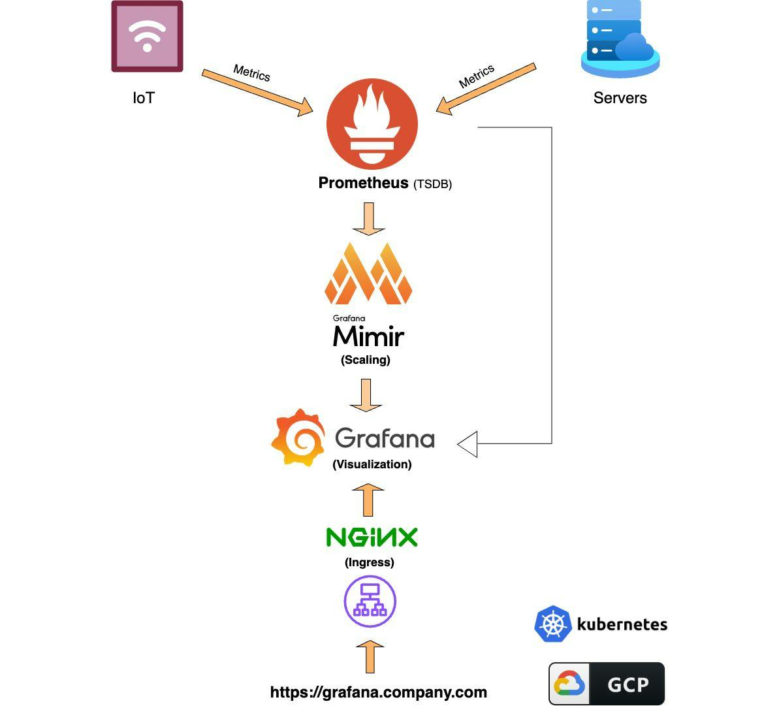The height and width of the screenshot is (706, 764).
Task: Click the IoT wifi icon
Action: click(147, 37)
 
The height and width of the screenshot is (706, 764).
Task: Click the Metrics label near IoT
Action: click(251, 72)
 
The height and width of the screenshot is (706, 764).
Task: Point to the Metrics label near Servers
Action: click(477, 76)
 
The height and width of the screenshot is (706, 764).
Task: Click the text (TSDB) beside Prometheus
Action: click(432, 184)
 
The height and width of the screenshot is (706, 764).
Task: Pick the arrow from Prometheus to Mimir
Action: click(368, 218)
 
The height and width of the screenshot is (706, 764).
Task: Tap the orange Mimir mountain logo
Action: click(368, 274)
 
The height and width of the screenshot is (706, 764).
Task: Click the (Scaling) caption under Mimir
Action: click(366, 360)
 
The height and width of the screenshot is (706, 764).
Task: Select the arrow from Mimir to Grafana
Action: click(366, 395)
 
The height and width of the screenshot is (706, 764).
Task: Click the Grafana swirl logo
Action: click(298, 438)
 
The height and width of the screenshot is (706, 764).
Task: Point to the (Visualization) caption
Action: click(372, 464)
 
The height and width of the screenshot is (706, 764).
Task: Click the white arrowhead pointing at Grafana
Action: click(468, 444)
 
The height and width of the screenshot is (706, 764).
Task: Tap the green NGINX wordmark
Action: click(372, 538)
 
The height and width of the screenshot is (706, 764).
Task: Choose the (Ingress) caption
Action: click(370, 562)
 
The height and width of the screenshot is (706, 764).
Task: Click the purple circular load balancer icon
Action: click(370, 602)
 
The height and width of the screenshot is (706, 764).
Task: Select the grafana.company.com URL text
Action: click(379, 692)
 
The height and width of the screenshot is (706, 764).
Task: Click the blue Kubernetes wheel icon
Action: click(553, 624)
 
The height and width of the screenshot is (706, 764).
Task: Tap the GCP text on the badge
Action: click(628, 684)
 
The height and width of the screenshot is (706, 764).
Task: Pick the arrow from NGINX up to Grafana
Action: click(368, 500)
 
